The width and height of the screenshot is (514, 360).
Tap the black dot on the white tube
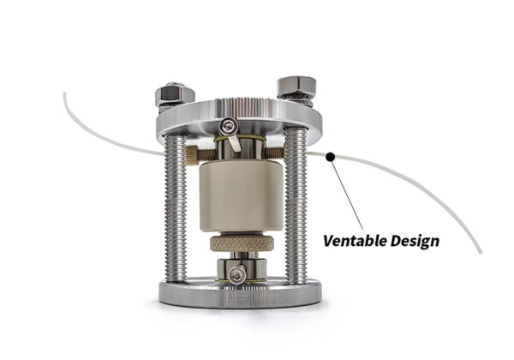point(330,156)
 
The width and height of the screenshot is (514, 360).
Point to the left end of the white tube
point(66,95)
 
